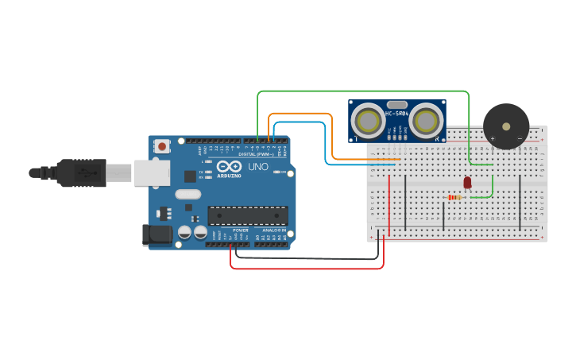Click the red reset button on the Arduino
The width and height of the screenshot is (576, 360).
click(163, 146)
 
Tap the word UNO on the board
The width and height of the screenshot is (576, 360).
click(258, 167)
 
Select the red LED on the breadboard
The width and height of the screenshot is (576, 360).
click(467, 182)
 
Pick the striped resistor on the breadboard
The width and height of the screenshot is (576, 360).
click(454, 197)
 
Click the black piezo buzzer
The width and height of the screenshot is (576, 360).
click(506, 126)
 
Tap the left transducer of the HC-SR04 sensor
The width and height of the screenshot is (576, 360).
click(369, 121)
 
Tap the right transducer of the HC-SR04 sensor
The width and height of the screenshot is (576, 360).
click(427, 121)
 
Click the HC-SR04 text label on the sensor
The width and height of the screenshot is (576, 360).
click(397, 114)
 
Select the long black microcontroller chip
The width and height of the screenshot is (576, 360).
click(248, 215)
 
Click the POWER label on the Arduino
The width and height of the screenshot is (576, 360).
click(241, 230)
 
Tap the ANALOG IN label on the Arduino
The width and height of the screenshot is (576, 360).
click(275, 230)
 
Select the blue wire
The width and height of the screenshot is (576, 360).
click(326, 143)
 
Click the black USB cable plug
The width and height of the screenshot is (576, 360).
click(79, 172)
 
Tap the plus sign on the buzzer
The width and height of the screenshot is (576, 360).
click(492, 138)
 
